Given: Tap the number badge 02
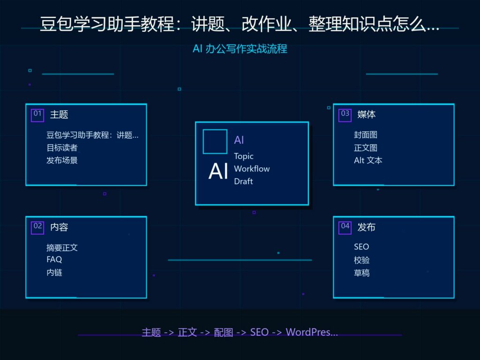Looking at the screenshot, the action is click(37, 228).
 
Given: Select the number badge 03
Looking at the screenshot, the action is click(345, 115).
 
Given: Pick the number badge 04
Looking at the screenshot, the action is click(345, 228).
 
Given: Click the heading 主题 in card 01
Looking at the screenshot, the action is click(59, 114).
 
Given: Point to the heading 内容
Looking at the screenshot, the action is click(59, 227).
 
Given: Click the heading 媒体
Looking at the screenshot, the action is click(367, 114).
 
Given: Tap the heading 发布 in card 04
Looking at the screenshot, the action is click(367, 227).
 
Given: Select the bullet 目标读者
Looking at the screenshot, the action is click(62, 148).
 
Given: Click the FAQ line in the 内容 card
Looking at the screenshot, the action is click(54, 260).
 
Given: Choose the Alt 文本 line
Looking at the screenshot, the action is click(368, 160).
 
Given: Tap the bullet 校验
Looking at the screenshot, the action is click(361, 260).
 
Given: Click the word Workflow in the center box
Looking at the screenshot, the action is click(252, 169).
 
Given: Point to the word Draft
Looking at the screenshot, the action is click(243, 181).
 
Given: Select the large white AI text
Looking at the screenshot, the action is click(218, 171).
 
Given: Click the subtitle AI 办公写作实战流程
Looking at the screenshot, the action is click(240, 49).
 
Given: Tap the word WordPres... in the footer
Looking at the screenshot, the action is click(312, 332).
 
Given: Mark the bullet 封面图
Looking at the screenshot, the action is click(366, 135).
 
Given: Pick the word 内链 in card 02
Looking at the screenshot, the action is click(54, 272).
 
